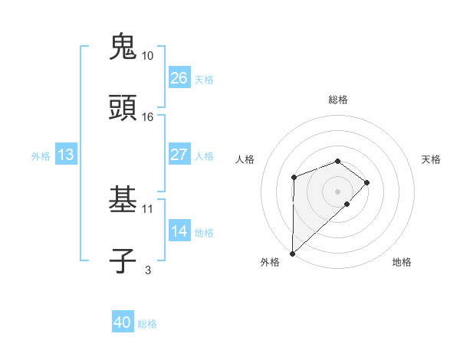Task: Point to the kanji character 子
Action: click(123, 260)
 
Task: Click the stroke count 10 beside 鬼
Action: click(148, 56)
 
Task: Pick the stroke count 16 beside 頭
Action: click(148, 117)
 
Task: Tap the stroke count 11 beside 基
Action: click(148, 208)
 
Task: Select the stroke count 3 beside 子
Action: click(148, 270)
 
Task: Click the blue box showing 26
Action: click(179, 78)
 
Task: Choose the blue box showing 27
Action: click(179, 155)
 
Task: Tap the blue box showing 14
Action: click(179, 231)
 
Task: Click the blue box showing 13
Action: click(65, 155)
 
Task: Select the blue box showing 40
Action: click(123, 322)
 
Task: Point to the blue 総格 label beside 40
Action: click(147, 324)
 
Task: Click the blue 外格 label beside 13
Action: click(41, 156)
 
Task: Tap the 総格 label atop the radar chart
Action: click(337, 100)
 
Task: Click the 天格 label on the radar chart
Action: click(431, 159)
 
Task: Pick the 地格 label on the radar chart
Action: click(402, 263)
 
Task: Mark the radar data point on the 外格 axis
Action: click(292, 253)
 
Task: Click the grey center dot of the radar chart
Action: click(337, 191)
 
